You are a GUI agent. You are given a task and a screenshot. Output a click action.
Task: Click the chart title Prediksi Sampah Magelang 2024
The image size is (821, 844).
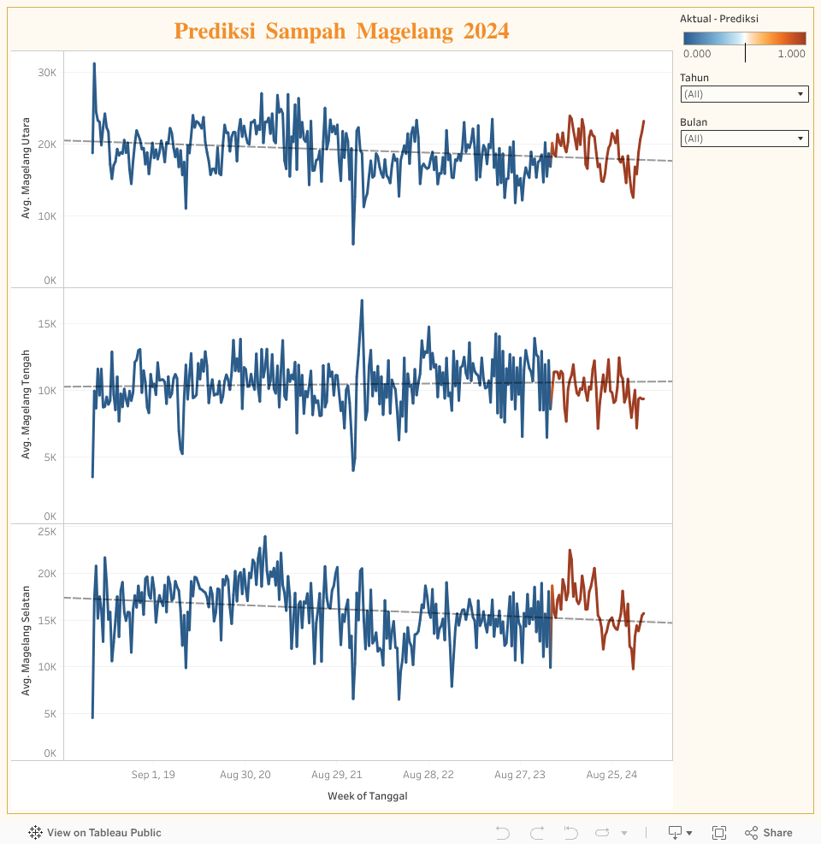pos(341,32)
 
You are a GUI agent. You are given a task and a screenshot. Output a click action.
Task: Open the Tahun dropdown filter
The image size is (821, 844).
pos(744,94)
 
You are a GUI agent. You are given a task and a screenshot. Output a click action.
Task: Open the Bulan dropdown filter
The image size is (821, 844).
pos(744,139)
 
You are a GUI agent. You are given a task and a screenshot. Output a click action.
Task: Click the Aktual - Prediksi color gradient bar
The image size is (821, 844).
pos(744,38)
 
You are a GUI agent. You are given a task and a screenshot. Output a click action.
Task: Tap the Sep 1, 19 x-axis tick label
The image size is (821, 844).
pos(153,775)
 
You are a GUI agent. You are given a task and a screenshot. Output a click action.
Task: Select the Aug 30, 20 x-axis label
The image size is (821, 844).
pos(245,775)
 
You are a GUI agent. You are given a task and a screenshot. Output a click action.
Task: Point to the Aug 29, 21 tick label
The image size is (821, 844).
pos(337,775)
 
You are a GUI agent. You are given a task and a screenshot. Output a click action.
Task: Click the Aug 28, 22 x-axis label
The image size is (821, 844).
pos(428,775)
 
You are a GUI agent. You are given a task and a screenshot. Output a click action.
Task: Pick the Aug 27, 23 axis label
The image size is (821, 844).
pos(520,775)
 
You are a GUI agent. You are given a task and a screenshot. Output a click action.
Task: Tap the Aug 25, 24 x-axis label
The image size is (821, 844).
pos(611,775)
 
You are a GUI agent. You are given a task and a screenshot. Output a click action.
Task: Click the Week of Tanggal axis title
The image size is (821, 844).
pos(368,796)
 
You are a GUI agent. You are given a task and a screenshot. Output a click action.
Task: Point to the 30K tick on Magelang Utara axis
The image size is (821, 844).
pos(47,73)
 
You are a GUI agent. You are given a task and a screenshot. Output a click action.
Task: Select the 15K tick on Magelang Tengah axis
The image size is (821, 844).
pos(47,324)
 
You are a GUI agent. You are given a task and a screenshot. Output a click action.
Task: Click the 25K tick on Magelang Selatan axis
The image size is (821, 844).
pos(47,532)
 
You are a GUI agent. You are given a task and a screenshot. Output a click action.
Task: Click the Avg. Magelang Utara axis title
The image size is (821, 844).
pos(27,168)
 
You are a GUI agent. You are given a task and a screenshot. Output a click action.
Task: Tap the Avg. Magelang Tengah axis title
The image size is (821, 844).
pos(27,404)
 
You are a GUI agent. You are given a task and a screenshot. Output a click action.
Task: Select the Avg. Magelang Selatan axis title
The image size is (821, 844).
pos(27,640)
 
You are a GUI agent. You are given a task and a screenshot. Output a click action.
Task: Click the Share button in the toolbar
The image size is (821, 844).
pos(769,833)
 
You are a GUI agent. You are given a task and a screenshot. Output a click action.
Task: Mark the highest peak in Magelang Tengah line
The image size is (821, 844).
pos(362,301)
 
